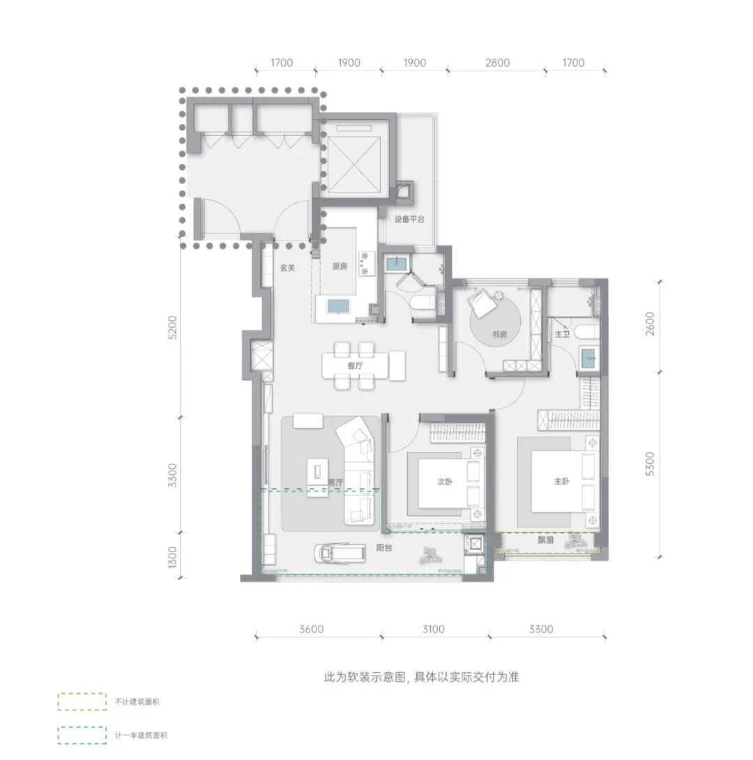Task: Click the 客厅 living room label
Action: [335, 482]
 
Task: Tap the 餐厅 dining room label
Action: [355, 365]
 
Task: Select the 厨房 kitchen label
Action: [340, 266]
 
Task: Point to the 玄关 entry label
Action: [287, 268]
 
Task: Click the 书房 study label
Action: [500, 335]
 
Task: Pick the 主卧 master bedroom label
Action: [561, 481]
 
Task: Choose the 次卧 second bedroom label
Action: [445, 482]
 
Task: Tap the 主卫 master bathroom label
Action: [562, 334]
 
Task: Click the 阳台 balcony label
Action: [383, 548]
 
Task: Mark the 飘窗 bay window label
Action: [546, 540]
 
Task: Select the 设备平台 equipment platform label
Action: [409, 219]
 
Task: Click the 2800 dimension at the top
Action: [498, 63]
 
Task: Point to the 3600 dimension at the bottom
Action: [311, 629]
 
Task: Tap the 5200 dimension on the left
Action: [172, 327]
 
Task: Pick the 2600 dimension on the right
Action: [651, 324]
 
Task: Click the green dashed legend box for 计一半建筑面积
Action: [82, 736]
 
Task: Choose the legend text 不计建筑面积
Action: [137, 701]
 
